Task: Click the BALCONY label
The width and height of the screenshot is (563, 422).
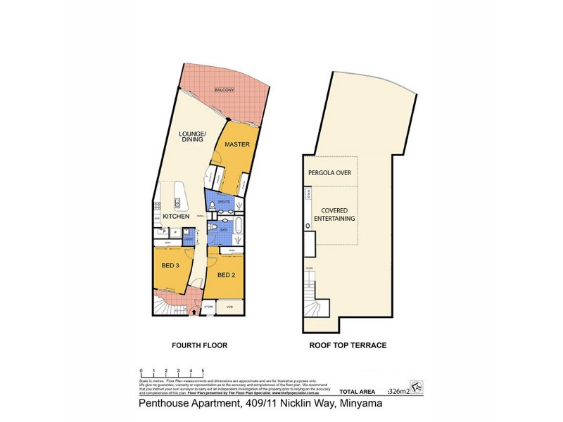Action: point(224,91)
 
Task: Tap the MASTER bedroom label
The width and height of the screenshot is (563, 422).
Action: point(237,144)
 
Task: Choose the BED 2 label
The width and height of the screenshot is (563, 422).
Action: point(224,274)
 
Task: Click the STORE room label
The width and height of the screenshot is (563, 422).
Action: point(209,307)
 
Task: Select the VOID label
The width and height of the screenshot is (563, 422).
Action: point(229,307)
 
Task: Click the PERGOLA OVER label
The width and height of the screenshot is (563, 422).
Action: point(329,172)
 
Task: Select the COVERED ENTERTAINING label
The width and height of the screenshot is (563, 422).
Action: point(338,215)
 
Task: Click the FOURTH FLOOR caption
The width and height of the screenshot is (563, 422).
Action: point(198,345)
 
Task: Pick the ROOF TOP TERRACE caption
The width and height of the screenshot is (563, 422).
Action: point(348,345)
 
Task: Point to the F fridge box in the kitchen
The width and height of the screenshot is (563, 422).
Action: point(175,231)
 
